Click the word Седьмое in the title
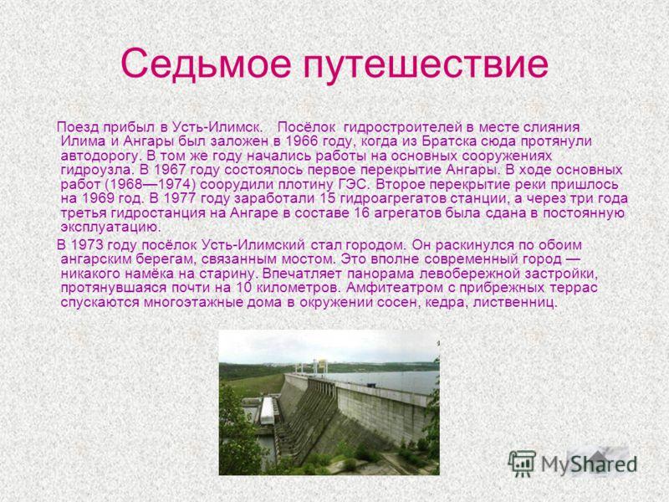coord(206,64)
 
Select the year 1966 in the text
coord(302,141)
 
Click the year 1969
coord(97,198)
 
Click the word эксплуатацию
coord(111,227)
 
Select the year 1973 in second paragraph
coord(87,245)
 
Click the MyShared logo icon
coord(522,464)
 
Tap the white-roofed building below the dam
coord(268,411)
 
